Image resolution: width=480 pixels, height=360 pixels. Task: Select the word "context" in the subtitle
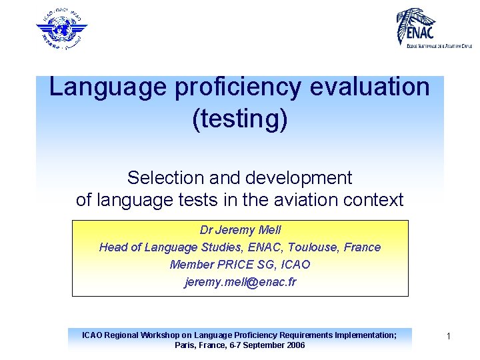point(377,200)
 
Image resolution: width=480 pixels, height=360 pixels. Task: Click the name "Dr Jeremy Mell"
point(239,230)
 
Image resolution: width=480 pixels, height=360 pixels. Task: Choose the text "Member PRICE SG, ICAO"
point(239,265)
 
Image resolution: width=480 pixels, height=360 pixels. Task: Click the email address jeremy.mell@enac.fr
point(239,282)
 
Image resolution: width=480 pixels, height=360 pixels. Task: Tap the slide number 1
point(449,337)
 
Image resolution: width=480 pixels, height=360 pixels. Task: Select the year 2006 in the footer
point(294,345)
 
